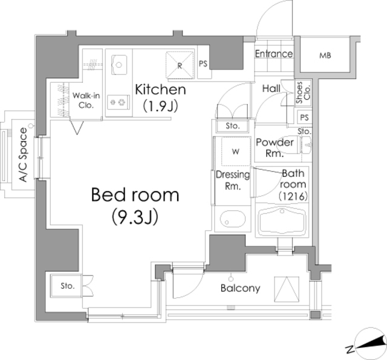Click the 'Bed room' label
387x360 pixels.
click(x=135, y=195)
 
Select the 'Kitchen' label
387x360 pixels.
click(x=160, y=90)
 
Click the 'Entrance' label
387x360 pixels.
click(x=274, y=54)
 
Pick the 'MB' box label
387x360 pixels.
click(x=325, y=56)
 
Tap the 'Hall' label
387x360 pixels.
click(x=271, y=89)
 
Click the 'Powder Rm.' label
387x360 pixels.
click(x=275, y=148)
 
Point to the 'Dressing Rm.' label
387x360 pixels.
click(x=233, y=181)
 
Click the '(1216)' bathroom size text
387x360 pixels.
click(x=294, y=196)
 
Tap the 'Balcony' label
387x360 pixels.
click(x=240, y=288)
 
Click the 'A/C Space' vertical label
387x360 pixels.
click(x=23, y=155)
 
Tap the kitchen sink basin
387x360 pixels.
click(x=119, y=63)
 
